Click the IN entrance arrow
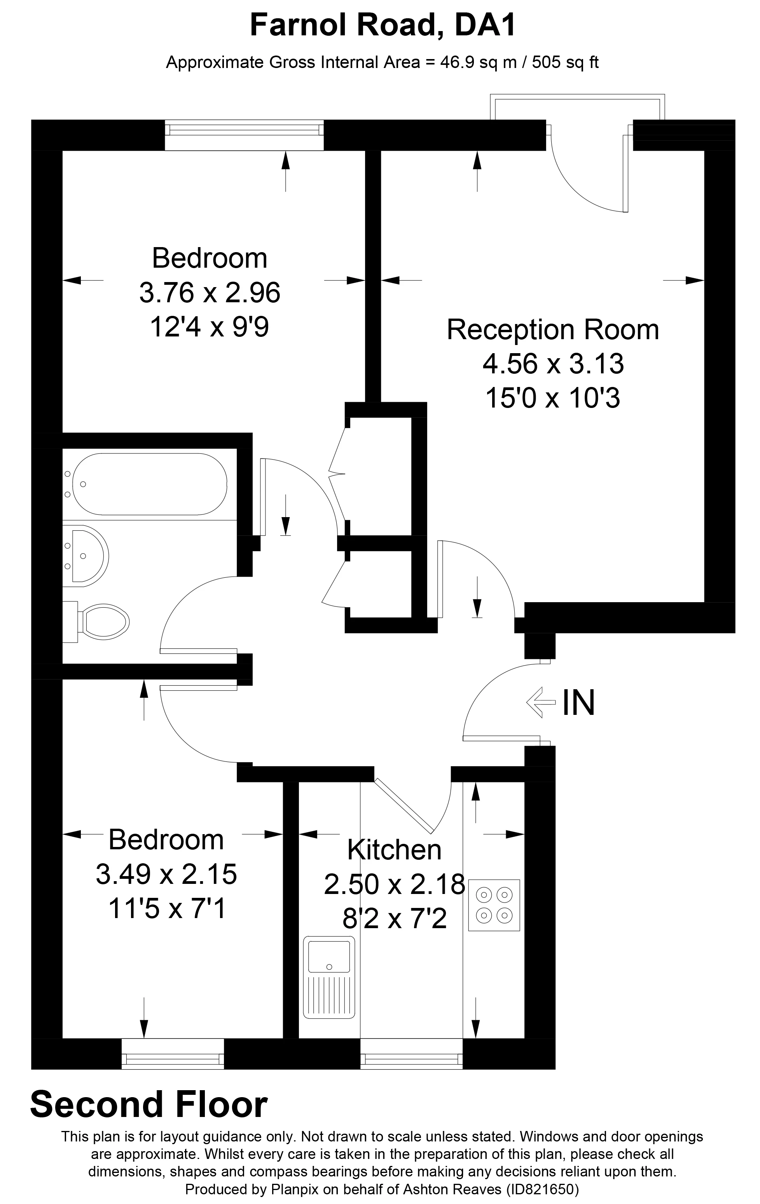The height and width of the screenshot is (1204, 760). coord(541,702)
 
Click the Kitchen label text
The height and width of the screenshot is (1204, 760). coord(394,850)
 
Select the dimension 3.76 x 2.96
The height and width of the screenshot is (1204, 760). coord(209,293)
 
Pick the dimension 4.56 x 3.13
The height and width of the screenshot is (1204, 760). coord(553,364)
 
